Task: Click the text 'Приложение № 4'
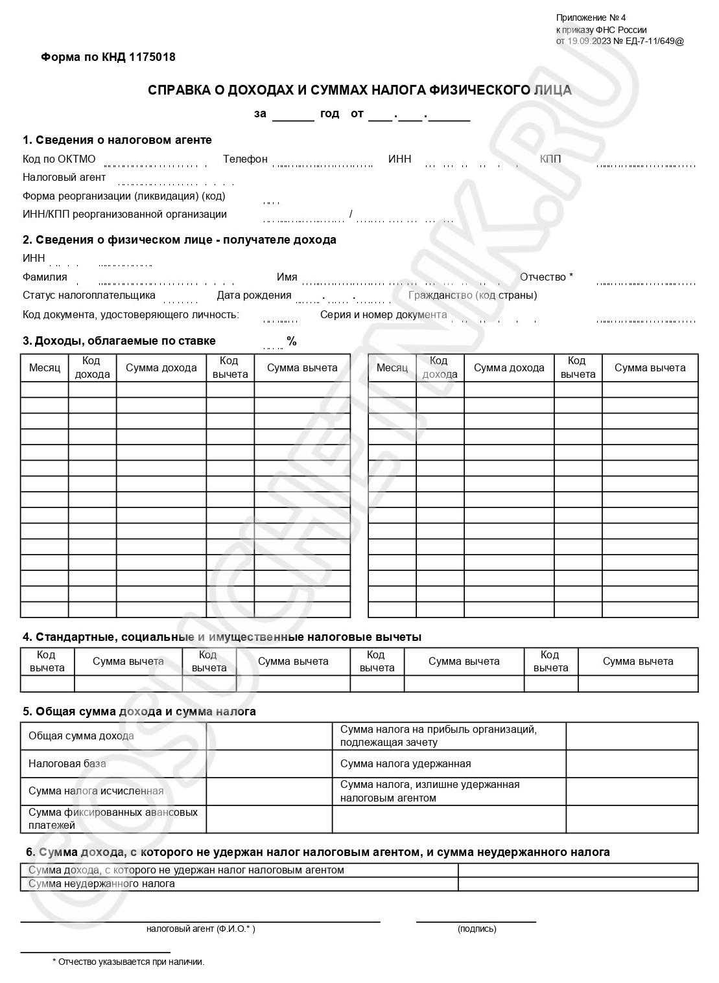(591, 17)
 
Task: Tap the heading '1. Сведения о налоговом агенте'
(117, 140)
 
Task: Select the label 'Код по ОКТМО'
(59, 159)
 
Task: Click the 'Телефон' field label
(245, 159)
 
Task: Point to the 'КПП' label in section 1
(550, 159)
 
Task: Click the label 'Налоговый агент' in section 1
(64, 178)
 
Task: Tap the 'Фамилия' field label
(45, 277)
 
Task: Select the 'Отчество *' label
(546, 277)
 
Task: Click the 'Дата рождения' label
(254, 295)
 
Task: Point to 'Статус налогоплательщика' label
(89, 295)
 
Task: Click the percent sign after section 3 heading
(292, 341)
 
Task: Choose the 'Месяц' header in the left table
(45, 368)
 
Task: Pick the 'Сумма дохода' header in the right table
(509, 368)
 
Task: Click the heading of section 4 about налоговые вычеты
(222, 637)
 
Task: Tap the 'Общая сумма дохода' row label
(81, 736)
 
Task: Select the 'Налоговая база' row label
(67, 764)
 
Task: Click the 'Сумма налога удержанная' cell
(405, 764)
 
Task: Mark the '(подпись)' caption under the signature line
(477, 929)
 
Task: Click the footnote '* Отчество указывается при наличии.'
(128, 962)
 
